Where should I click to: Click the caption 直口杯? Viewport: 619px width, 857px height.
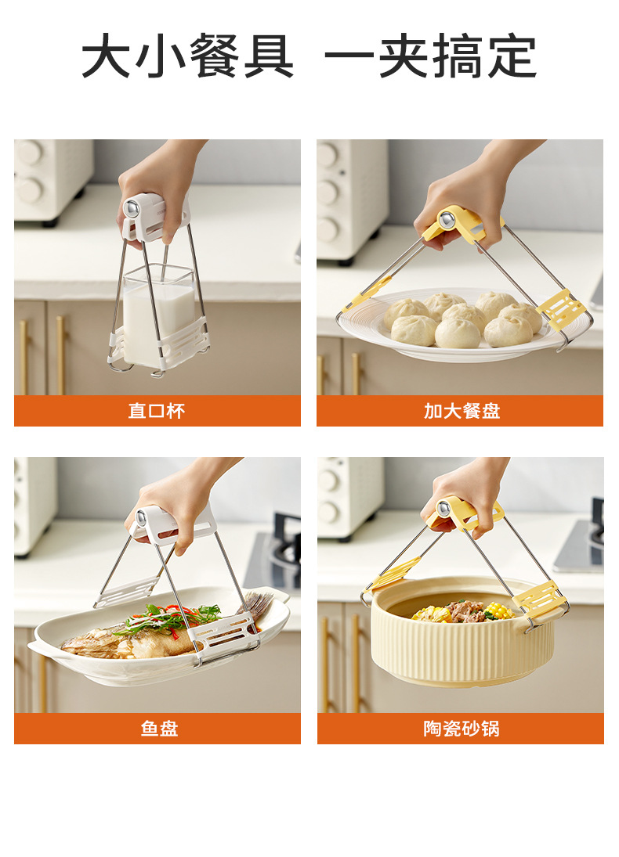(157, 411)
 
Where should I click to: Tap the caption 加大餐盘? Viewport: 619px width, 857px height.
(462, 411)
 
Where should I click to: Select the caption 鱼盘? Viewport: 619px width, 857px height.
(159, 729)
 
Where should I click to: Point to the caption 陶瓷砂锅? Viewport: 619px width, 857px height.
(462, 729)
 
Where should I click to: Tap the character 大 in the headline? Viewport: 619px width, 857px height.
(107, 56)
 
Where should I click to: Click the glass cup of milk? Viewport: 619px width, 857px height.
(159, 316)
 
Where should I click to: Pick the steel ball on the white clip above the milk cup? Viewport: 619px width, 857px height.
(132, 208)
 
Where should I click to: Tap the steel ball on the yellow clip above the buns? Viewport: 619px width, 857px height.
(447, 220)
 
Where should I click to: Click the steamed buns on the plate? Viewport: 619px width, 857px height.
(462, 319)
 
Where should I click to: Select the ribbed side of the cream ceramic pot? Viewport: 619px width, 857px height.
(460, 648)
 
